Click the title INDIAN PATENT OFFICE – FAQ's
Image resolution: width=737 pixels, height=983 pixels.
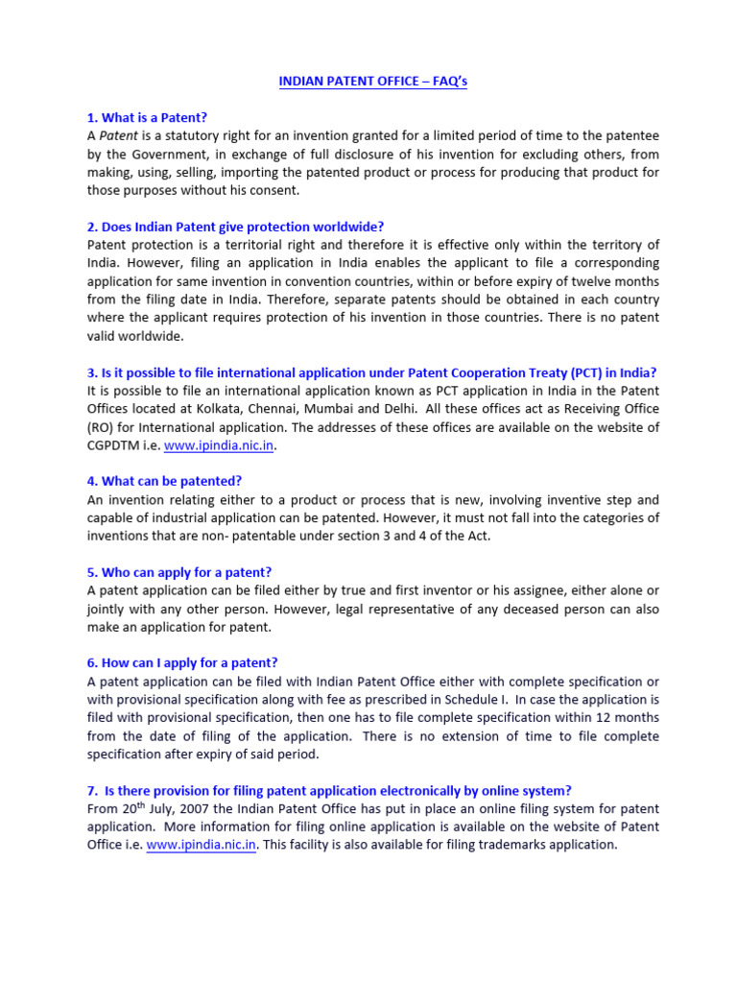tap(373, 82)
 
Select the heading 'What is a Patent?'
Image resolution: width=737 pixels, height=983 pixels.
tap(147, 118)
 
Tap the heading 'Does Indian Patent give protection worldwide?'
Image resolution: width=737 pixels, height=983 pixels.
tap(235, 227)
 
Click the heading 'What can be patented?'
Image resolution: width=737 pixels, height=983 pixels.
tap(164, 481)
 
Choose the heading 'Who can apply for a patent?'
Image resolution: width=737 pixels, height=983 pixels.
tap(179, 572)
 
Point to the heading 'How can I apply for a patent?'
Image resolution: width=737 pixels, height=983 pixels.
tap(182, 662)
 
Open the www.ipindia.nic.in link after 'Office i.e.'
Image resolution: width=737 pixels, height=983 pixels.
tap(202, 845)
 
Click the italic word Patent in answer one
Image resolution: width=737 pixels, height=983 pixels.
tap(119, 136)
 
